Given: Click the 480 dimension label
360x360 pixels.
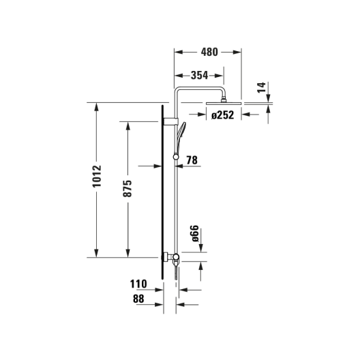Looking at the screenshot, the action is point(209,52).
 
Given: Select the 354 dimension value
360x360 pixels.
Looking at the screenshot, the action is point(199,75).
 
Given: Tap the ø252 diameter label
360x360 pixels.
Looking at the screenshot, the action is point(222,115).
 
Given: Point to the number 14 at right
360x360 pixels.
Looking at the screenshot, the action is point(261,87).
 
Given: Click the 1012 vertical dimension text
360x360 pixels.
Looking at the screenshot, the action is point(97,176).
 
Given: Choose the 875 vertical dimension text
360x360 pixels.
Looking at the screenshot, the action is point(127,189).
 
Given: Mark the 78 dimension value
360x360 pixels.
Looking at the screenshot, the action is point(192,160).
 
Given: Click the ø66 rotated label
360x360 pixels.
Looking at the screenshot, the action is point(194,233).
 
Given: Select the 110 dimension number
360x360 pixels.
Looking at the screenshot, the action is point(138,284).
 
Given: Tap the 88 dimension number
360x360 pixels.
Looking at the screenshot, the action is point(138,299).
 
